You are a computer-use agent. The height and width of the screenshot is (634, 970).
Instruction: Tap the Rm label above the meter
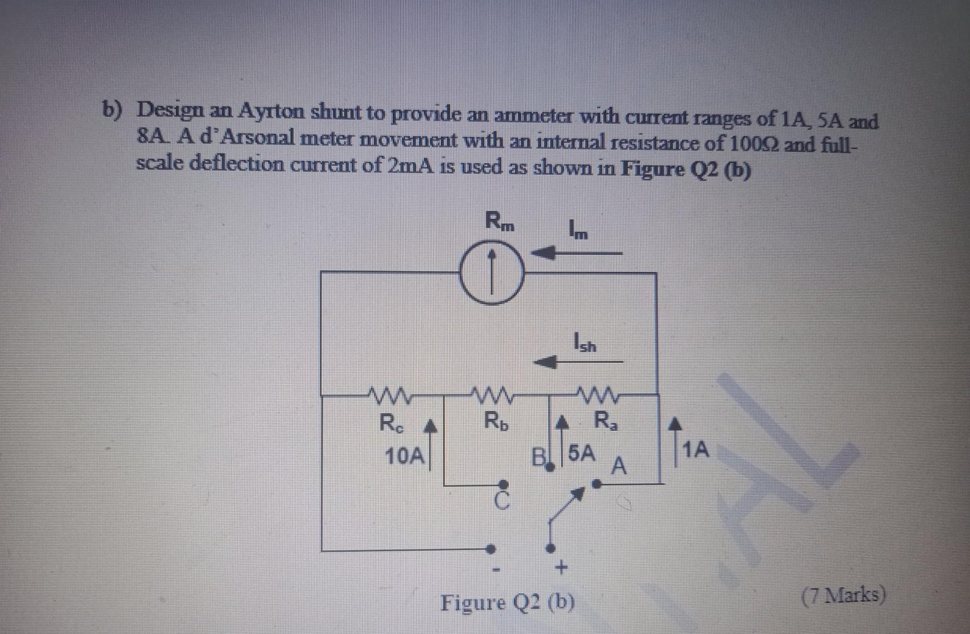click(500, 222)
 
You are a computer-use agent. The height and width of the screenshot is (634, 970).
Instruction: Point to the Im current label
click(578, 230)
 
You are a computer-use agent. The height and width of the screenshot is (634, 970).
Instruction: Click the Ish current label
click(585, 342)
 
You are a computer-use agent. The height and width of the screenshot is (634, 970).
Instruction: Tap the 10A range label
click(404, 456)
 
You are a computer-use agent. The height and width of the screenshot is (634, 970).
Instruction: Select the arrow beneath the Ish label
click(578, 362)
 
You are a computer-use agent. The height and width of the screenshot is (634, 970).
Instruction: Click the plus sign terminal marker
click(561, 568)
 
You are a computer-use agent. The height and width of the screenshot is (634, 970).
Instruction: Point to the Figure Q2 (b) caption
click(508, 602)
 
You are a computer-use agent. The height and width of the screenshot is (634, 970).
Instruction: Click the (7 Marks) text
click(843, 596)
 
